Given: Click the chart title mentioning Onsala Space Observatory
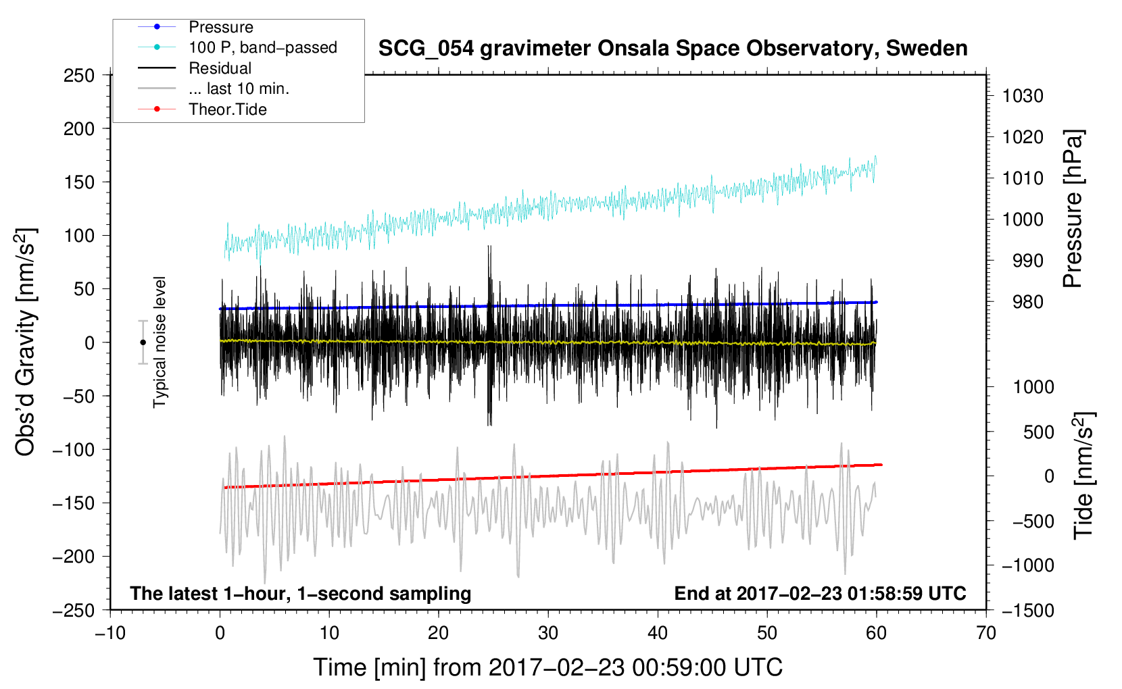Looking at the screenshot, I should (x=673, y=49).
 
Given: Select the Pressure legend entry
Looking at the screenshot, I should (x=221, y=27).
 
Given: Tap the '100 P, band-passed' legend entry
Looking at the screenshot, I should (x=262, y=47).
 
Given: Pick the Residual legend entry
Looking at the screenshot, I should (x=220, y=68).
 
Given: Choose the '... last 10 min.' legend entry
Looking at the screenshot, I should (x=239, y=88).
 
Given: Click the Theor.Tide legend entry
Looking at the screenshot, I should (x=228, y=109).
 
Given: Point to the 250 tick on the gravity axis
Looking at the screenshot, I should (x=79, y=76).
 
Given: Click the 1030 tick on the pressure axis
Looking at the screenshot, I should (x=1023, y=96).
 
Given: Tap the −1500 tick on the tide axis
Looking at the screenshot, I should (x=1027, y=610).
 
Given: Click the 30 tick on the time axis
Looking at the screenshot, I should (x=548, y=633).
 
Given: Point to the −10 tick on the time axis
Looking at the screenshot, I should (x=110, y=633).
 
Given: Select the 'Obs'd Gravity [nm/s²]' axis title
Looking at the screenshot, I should (x=26, y=342).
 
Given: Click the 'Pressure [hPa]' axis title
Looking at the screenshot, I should (x=1073, y=209).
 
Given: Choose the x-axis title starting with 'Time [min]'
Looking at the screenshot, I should (x=547, y=667).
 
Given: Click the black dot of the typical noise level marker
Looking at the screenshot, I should (x=143, y=342).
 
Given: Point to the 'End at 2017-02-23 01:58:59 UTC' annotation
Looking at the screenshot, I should (x=820, y=594).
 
